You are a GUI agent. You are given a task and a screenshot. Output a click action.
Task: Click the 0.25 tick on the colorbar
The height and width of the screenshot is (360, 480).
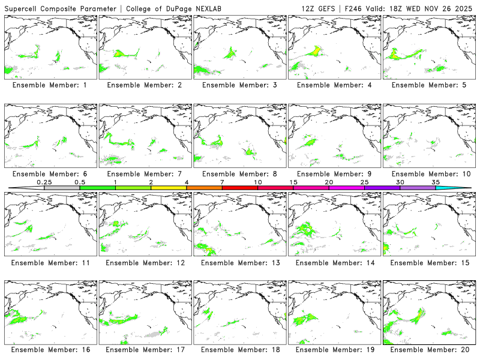click(44, 182)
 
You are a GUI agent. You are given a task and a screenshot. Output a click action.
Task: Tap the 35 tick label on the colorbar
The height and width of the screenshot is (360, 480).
click(436, 182)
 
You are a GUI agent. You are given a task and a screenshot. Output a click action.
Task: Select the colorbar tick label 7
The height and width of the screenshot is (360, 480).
click(222, 182)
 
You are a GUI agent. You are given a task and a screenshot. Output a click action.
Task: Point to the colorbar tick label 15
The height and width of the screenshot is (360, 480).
click(293, 182)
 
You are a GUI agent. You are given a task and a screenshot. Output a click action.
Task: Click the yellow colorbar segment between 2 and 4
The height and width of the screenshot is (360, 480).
click(169, 188)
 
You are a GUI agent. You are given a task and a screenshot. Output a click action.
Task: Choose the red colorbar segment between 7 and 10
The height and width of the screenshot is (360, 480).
click(240, 188)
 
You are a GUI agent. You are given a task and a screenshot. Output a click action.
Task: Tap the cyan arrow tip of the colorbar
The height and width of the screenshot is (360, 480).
click(462, 188)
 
